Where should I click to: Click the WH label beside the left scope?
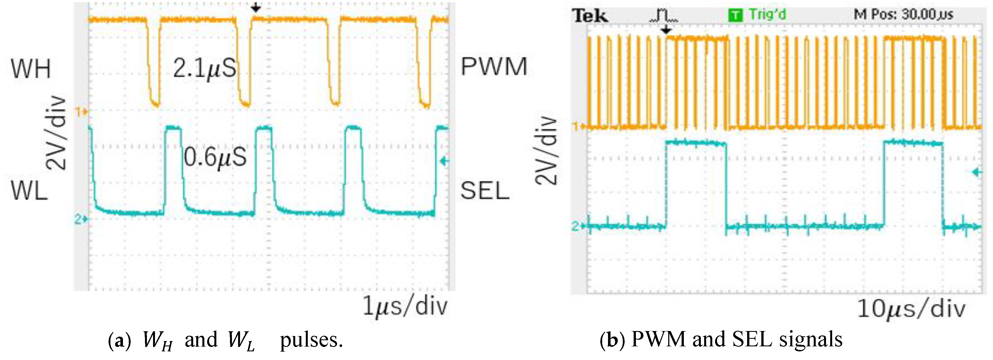tap(31, 69)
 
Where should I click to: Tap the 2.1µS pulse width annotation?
tap(204, 69)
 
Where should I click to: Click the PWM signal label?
tap(494, 67)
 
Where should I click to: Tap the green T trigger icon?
tap(735, 15)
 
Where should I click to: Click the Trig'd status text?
tap(767, 15)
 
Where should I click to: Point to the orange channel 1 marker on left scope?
tap(81, 112)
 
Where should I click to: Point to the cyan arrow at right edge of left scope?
tap(444, 161)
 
